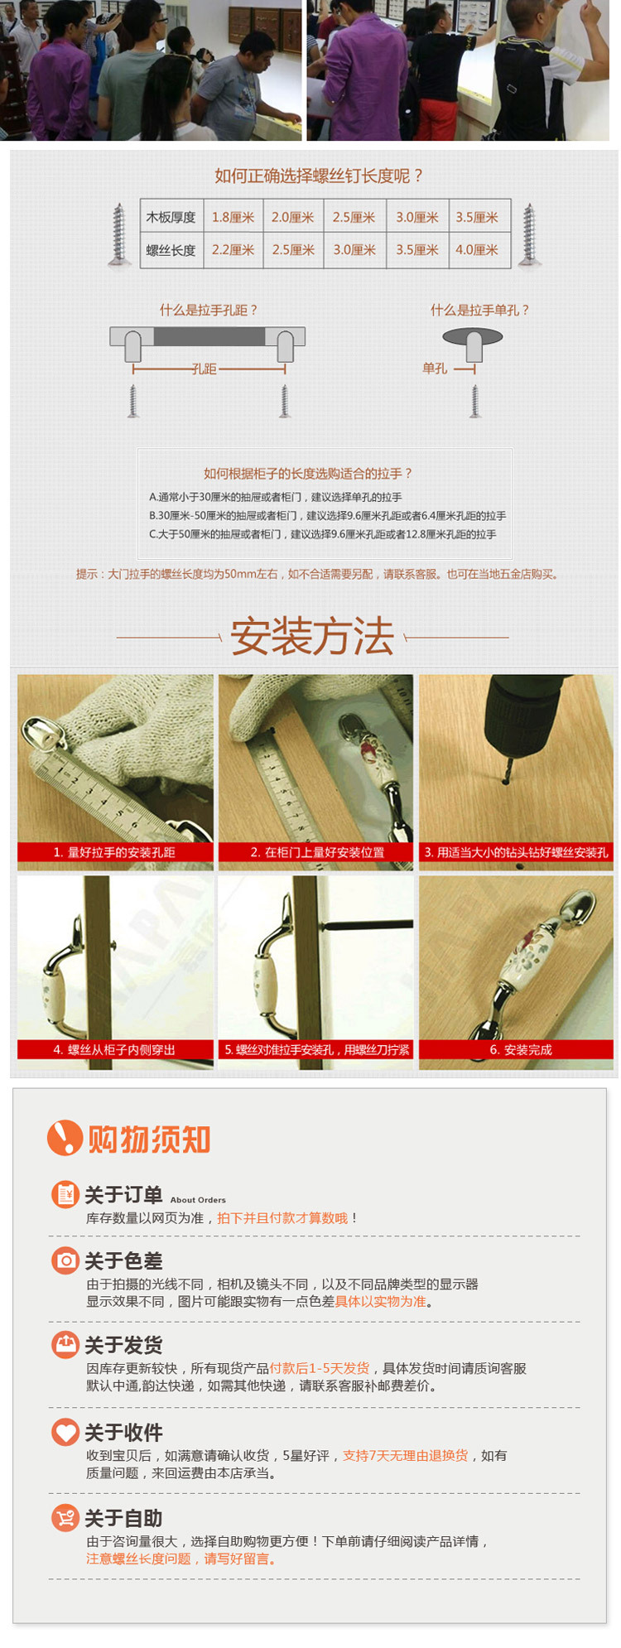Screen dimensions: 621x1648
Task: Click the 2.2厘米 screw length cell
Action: (233, 250)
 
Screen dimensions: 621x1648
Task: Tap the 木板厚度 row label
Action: (171, 218)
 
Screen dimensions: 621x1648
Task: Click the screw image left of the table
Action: (119, 235)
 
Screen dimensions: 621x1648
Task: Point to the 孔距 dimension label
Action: (204, 369)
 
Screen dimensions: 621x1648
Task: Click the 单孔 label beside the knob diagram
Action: (435, 369)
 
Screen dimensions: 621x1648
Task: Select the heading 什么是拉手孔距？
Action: (209, 310)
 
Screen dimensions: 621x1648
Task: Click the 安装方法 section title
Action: (312, 636)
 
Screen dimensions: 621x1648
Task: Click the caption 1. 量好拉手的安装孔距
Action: (114, 852)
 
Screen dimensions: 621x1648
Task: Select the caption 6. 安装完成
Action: (521, 1050)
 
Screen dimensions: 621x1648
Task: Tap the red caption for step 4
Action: (115, 1050)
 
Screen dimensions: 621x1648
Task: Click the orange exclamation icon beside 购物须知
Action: (65, 1138)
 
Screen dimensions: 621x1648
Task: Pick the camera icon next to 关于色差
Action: (65, 1260)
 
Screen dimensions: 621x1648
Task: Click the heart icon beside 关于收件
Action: (65, 1432)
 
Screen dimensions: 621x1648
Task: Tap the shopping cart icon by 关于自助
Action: (65, 1518)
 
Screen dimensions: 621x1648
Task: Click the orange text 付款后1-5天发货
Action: (320, 1368)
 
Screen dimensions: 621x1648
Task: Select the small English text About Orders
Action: (198, 1200)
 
